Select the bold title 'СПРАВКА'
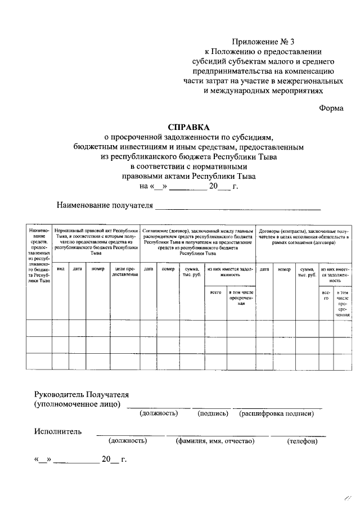point(188,127)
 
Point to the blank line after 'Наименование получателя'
point(238,208)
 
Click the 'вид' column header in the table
point(61,269)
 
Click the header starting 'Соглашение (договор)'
point(197,242)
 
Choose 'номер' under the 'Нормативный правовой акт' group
point(98,269)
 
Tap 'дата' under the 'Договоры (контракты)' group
point(264,269)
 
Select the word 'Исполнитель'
point(57,431)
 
